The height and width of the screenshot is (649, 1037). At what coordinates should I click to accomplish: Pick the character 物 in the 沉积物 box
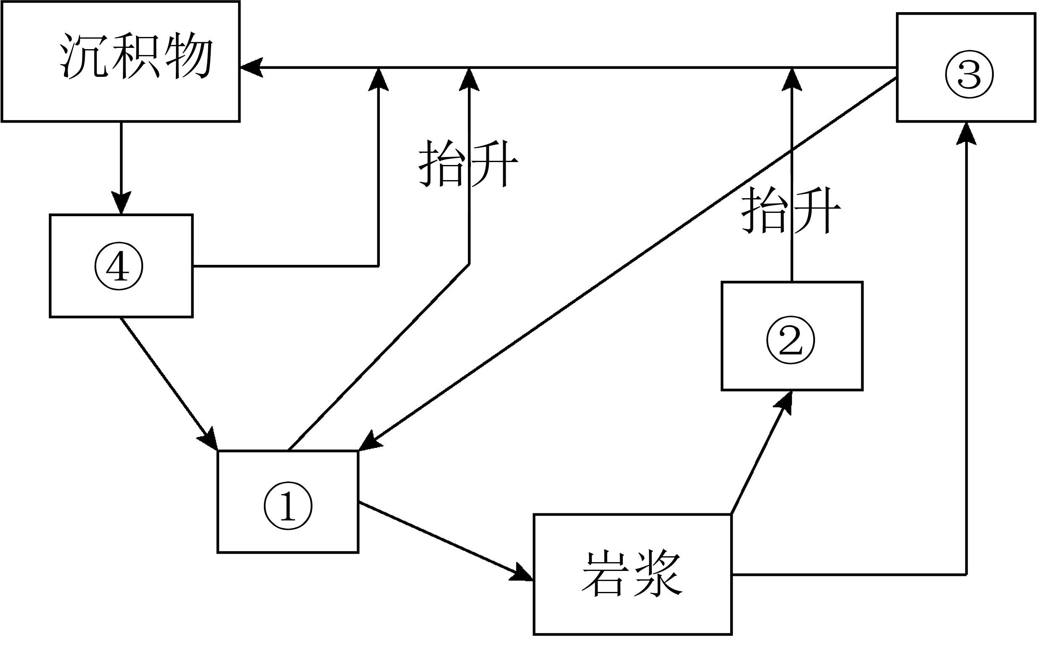[x=189, y=56]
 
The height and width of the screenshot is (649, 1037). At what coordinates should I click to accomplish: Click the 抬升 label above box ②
[x=791, y=210]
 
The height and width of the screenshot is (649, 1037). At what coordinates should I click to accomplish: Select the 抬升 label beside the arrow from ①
[x=468, y=164]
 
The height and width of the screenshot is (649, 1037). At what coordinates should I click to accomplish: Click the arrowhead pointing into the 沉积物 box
[x=251, y=68]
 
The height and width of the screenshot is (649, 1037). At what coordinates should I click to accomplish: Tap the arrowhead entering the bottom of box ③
[x=966, y=133]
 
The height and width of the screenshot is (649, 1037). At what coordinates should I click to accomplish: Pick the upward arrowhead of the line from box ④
[x=379, y=79]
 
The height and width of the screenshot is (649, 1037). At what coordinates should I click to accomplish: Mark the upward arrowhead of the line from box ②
[x=792, y=79]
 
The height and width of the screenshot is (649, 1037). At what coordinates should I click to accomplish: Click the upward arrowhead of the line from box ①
[x=469, y=79]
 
